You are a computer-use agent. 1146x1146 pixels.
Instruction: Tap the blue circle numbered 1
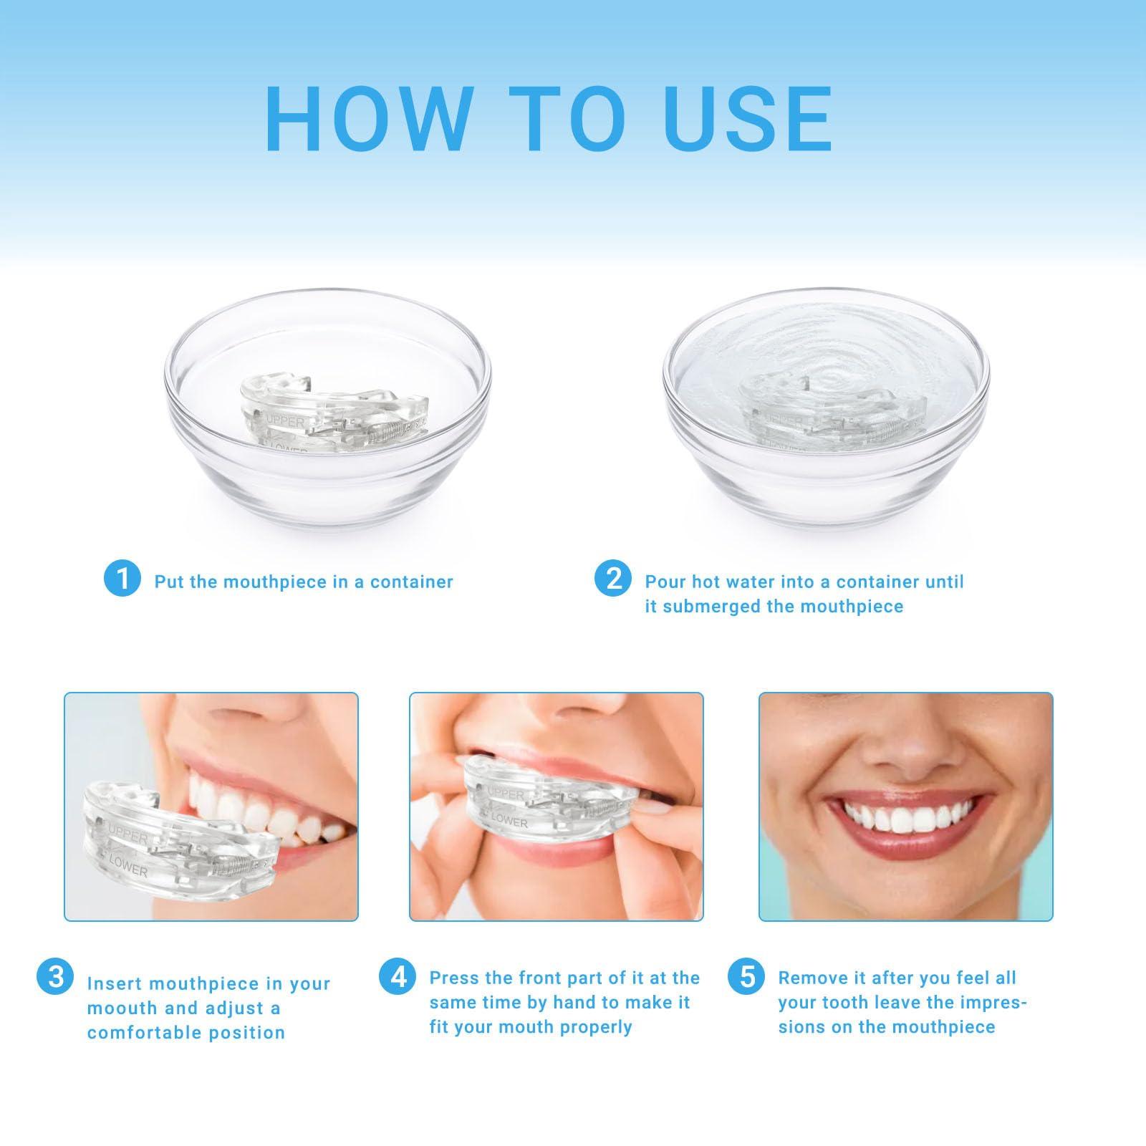point(122,578)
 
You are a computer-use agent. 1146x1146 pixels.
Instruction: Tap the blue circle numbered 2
point(613,578)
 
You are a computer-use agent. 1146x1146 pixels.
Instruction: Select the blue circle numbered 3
point(55,976)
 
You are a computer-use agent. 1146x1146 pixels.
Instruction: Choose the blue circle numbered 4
point(398,976)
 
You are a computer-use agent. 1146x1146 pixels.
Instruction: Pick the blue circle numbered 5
point(747,976)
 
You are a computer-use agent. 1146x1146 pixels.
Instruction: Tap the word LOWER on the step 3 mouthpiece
point(129,870)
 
